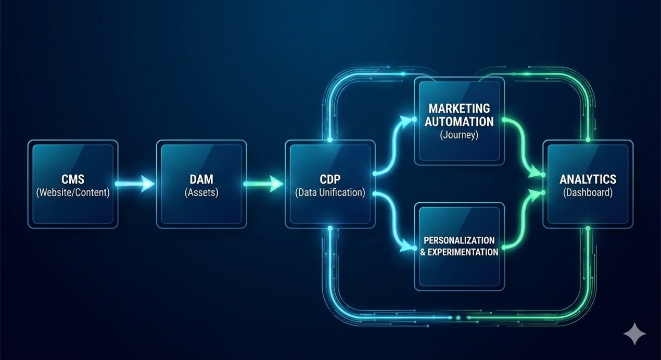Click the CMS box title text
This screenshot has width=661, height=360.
[73, 179]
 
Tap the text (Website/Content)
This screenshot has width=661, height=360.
[73, 192]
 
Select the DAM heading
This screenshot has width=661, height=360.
[201, 179]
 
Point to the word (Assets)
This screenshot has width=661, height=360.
[201, 192]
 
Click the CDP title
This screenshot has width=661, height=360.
[330, 179]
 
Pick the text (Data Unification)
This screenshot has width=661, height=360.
[330, 192]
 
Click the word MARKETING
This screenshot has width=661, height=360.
[459, 109]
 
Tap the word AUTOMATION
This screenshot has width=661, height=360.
[459, 122]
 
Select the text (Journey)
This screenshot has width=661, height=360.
[459, 135]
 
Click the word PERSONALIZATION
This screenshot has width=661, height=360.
[459, 240]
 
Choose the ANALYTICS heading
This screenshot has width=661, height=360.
[588, 179]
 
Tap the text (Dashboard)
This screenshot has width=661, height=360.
[588, 192]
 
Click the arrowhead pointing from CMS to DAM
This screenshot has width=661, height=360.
[148, 184]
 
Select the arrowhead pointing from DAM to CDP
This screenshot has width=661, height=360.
[277, 184]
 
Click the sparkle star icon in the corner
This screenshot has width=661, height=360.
[635, 333]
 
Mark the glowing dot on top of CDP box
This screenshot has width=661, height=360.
[330, 140]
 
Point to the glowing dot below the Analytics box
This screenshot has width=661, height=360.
[588, 228]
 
